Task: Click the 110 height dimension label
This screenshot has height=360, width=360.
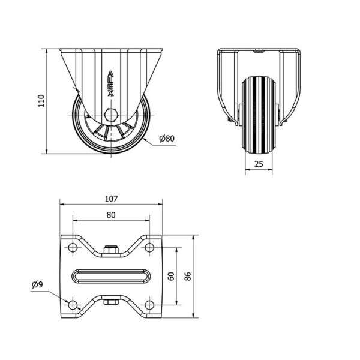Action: click(41, 101)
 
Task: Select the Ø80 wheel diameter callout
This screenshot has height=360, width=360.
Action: click(167, 139)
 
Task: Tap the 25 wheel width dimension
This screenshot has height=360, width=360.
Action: click(259, 164)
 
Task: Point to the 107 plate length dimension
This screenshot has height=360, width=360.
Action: click(111, 199)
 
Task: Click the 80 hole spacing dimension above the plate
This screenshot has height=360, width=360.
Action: click(111, 215)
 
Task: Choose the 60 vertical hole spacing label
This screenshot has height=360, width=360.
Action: click(171, 276)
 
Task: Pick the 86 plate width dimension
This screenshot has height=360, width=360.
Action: click(188, 276)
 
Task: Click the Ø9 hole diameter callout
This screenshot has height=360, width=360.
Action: click(37, 284)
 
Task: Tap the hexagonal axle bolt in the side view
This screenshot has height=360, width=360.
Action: click(111, 114)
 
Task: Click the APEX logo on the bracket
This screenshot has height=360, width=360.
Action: click(111, 83)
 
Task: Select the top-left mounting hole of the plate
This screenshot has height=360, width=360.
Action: click(73, 247)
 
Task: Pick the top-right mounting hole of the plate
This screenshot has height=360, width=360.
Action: click(149, 247)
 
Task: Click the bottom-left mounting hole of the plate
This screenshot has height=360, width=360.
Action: click(73, 305)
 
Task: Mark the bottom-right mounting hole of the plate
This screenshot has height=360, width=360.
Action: click(149, 305)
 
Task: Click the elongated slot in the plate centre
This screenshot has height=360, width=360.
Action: click(112, 276)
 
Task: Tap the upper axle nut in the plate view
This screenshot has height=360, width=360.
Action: click(111, 250)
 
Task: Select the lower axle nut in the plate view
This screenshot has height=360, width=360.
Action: click(111, 302)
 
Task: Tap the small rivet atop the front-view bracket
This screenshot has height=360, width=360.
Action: click(259, 52)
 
